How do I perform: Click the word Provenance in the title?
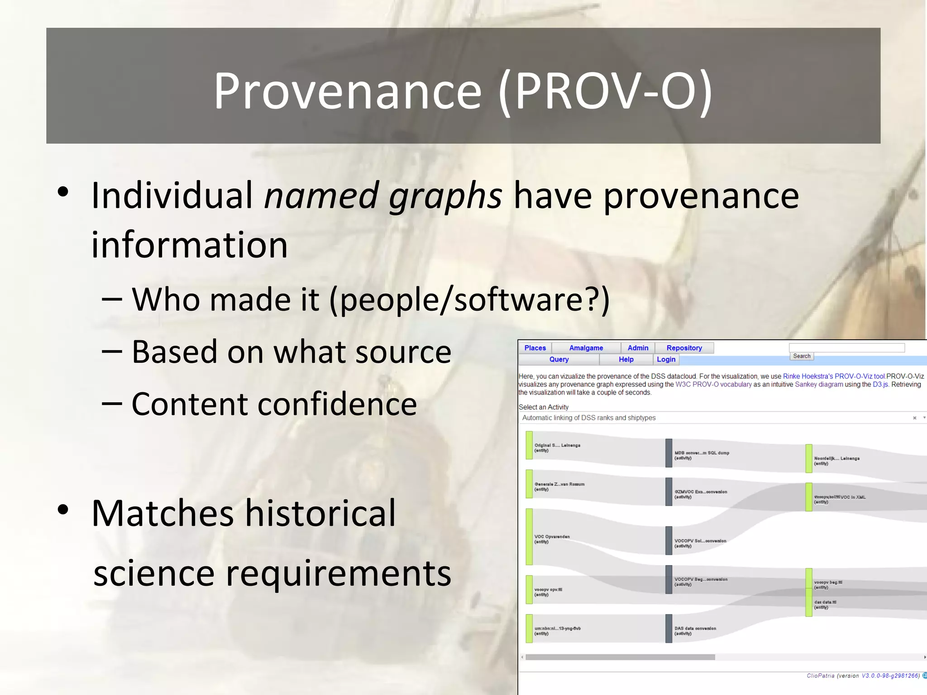click(x=347, y=92)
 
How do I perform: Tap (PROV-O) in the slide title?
click(x=605, y=92)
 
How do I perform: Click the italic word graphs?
click(x=445, y=196)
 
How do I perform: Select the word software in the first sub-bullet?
click(x=518, y=300)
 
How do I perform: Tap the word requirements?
click(x=338, y=573)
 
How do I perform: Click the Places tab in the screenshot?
click(x=535, y=348)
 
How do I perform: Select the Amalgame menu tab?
click(x=586, y=348)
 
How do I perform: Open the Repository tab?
click(x=684, y=348)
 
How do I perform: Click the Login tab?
click(x=666, y=359)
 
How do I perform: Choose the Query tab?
click(x=559, y=359)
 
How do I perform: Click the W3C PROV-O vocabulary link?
click(x=713, y=385)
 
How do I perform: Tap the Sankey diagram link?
click(x=819, y=385)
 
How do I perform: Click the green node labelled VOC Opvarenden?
click(x=529, y=537)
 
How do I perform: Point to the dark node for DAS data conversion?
click(x=669, y=628)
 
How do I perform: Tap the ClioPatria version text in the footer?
click(x=863, y=676)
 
